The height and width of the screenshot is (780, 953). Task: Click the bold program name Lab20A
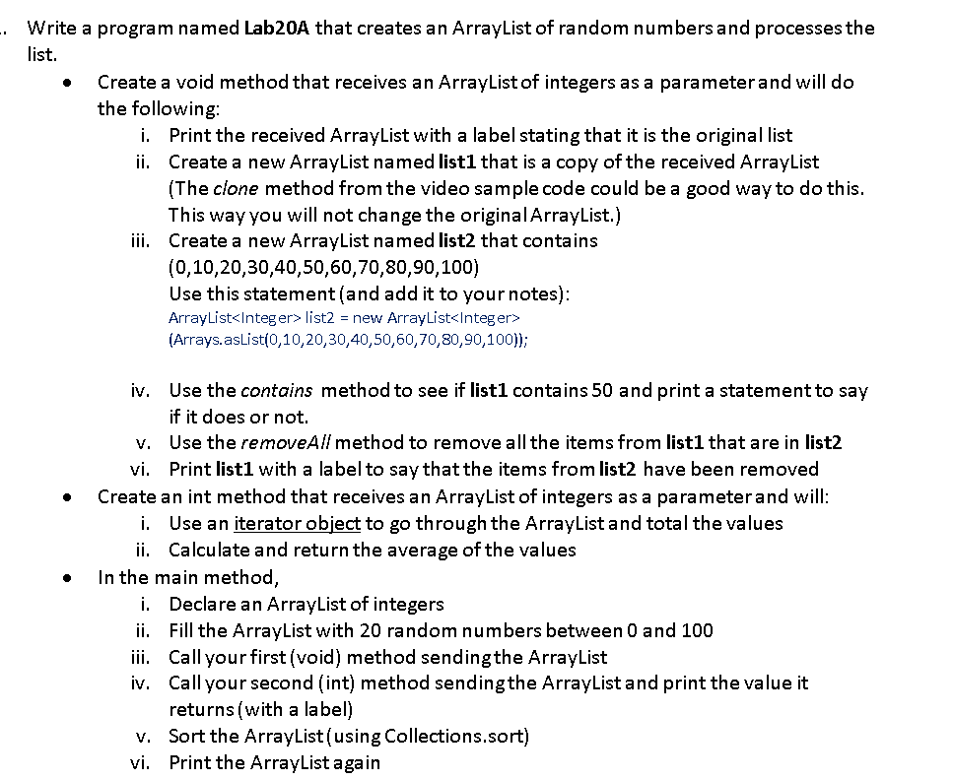[276, 28]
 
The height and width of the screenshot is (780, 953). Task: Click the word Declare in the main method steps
[201, 604]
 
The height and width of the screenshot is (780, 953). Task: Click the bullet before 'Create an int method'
[66, 497]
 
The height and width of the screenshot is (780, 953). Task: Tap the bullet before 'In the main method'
[66, 577]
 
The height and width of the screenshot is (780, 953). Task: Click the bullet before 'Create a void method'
[66, 83]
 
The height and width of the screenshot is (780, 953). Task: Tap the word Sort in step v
[186, 736]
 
